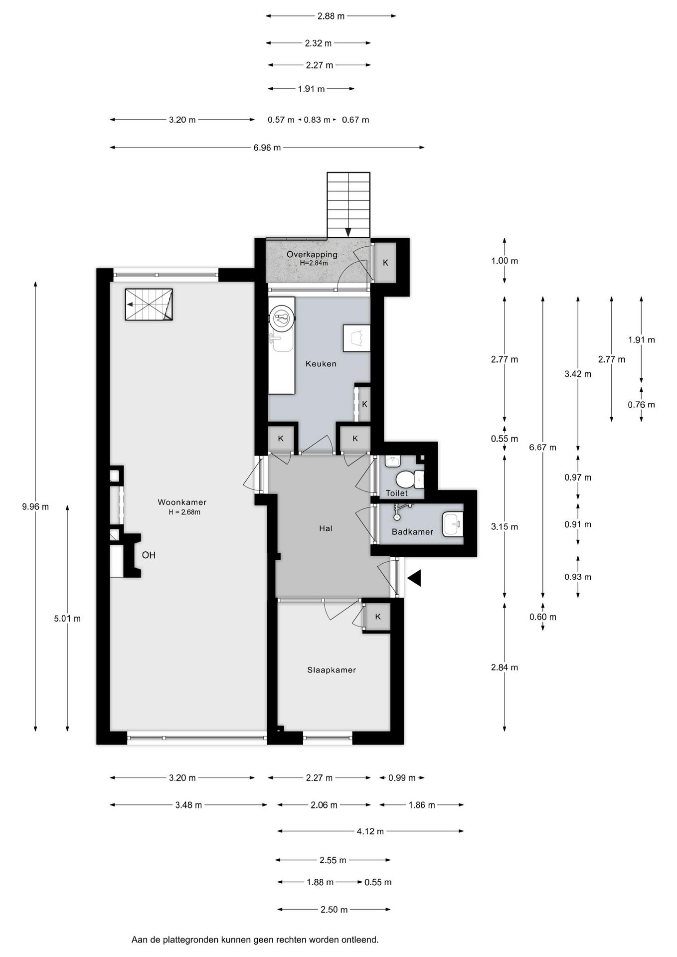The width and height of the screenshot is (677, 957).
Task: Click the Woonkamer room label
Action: [x=182, y=502]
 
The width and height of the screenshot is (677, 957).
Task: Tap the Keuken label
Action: [x=321, y=364]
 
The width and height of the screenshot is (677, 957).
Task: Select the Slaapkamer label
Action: [x=332, y=670]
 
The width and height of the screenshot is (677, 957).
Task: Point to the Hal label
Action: [x=326, y=528]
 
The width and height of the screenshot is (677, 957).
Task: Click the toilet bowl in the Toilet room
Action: [x=410, y=479]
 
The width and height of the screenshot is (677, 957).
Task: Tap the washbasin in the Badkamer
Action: [x=453, y=524]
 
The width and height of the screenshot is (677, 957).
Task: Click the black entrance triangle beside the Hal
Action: [x=414, y=578]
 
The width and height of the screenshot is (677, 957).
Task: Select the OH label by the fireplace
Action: [x=149, y=555]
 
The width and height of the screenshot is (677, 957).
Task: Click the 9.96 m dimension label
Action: [x=35, y=507]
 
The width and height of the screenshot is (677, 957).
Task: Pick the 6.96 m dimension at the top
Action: [x=267, y=148]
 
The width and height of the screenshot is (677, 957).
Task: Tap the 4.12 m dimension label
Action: [x=370, y=831]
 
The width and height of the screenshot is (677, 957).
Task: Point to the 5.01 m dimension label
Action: [x=67, y=619]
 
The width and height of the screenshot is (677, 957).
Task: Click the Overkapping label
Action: [x=312, y=254]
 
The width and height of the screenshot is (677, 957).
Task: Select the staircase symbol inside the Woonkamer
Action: [x=149, y=305]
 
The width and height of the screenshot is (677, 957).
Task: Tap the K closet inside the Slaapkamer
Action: [x=377, y=617]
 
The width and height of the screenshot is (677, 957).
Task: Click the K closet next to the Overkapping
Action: [x=385, y=263]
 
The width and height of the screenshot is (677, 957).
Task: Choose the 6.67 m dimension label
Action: [x=543, y=448]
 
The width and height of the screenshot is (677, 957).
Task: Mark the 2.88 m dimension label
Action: [x=331, y=16]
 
